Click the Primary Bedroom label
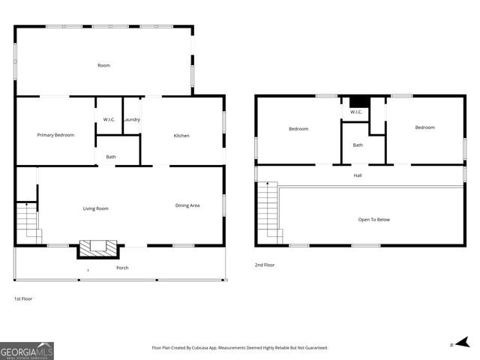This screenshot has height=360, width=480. point(56,135)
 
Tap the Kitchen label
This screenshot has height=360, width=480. point(181,136)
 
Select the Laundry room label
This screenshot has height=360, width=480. point(132,120)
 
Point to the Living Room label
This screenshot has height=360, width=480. point(96,208)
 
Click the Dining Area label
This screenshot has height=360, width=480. point(187,205)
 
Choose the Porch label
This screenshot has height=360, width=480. point(122,268)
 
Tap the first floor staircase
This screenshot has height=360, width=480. point(27,221)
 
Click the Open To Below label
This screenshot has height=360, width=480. point(373,220)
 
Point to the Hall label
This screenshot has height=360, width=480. point(358,175)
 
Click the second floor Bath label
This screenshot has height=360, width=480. point(358,145)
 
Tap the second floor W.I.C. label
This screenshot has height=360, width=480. point(355,112)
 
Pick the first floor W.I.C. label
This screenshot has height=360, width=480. point(109,120)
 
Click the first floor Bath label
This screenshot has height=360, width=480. point(111,157)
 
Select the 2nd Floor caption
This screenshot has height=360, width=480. point(265,265)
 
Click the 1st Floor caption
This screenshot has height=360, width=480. point(23,298)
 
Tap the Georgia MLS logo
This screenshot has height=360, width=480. point(27,351)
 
